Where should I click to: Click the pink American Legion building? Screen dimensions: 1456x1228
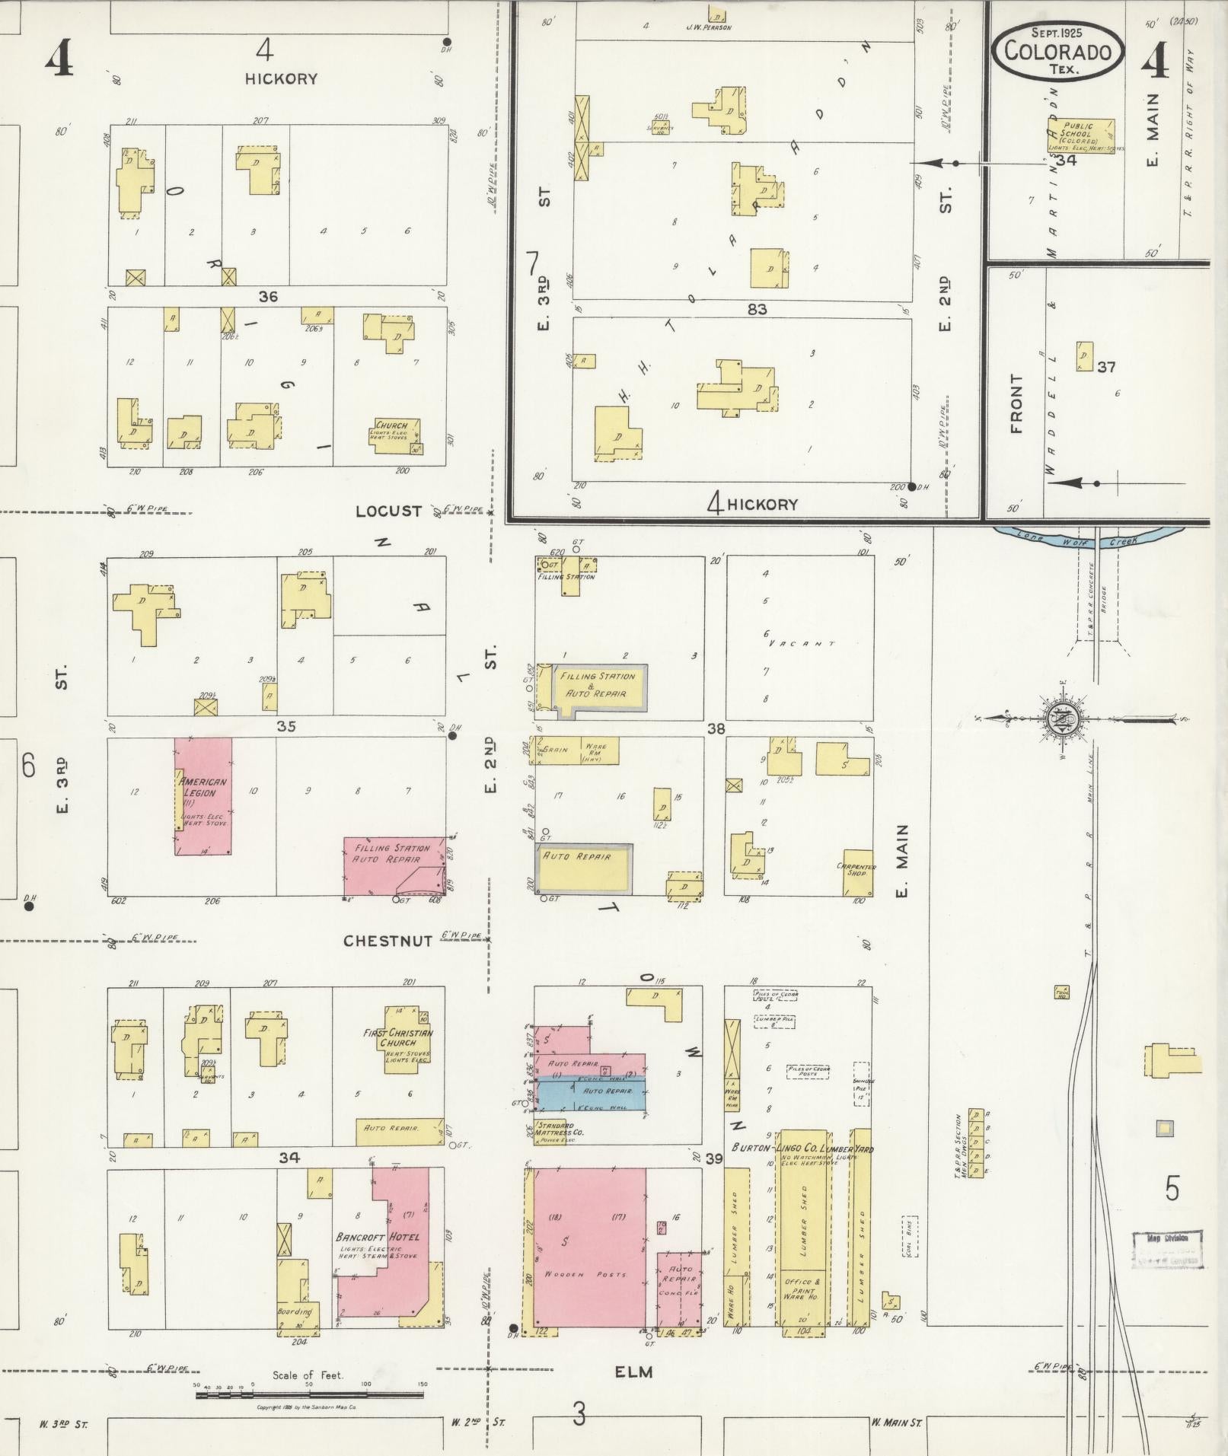click(x=203, y=795)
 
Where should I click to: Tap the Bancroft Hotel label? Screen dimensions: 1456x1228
click(x=377, y=1236)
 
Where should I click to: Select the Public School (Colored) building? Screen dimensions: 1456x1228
click(x=1080, y=137)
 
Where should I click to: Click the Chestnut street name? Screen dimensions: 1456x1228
click(x=388, y=941)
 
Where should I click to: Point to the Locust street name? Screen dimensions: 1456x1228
click(x=388, y=511)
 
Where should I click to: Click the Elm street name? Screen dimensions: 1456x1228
click(x=634, y=1372)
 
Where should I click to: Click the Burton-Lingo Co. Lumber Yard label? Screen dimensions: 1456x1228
click(x=802, y=1148)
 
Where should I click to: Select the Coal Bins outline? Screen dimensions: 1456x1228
click(x=911, y=1236)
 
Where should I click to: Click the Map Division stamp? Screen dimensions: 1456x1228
click(x=1166, y=1249)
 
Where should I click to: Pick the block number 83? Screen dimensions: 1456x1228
click(x=757, y=308)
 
